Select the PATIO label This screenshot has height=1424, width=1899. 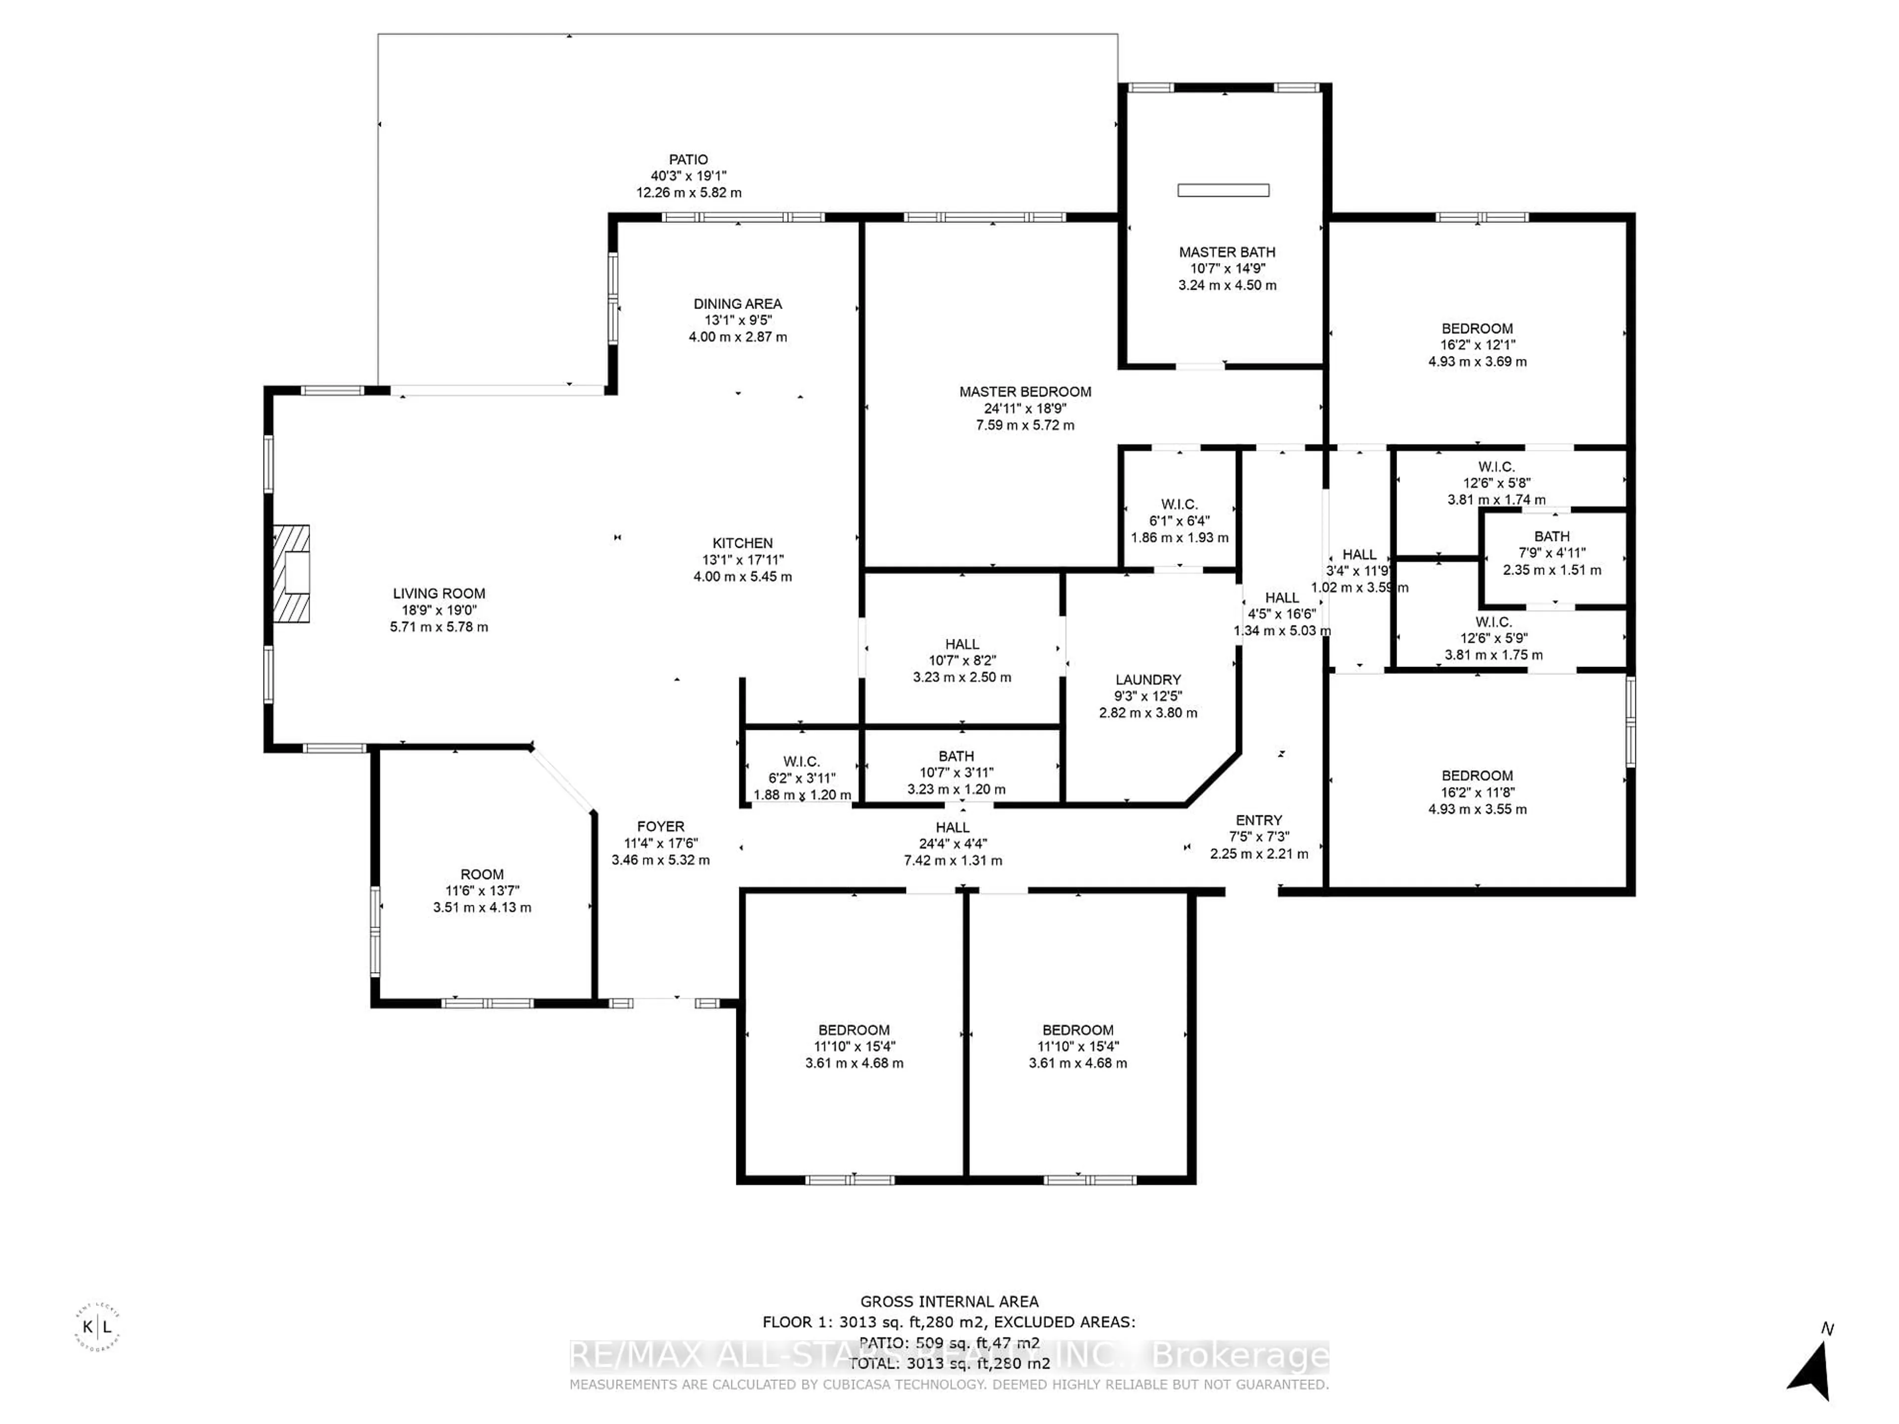coord(688,160)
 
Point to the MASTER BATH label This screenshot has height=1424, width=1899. coord(1227,252)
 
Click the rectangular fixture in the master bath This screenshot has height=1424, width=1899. coord(1223,190)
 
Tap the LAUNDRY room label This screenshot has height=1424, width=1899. coord(1148,680)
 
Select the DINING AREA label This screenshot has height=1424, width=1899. coord(737,304)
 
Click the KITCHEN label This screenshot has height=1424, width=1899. coord(743,543)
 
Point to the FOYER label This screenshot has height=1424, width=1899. coord(660,827)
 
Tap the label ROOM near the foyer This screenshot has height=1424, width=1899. coord(482,875)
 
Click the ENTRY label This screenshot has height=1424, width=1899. coord(1259,821)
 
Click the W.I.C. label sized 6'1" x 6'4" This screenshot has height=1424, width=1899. coord(1179,505)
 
